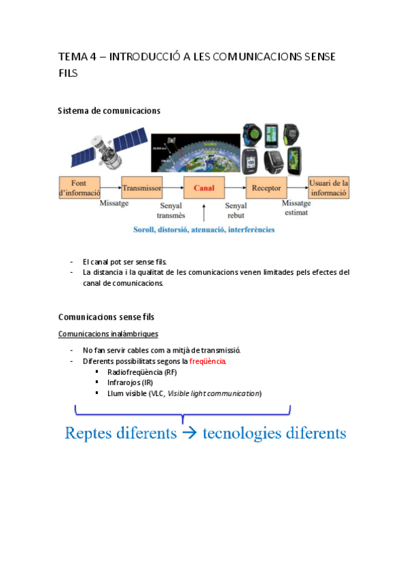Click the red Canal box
click(x=205, y=187)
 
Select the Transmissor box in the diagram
click(x=141, y=187)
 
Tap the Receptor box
click(x=266, y=187)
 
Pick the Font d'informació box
click(x=80, y=187)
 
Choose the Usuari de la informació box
click(x=329, y=187)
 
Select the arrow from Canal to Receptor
click(x=235, y=187)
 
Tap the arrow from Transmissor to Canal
click(x=173, y=187)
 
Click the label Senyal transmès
click(x=171, y=210)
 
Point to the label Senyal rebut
click(x=236, y=210)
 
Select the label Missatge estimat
click(x=296, y=208)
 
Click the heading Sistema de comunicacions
click(x=109, y=110)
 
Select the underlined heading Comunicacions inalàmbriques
click(x=108, y=334)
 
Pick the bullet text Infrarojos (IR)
click(x=130, y=382)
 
